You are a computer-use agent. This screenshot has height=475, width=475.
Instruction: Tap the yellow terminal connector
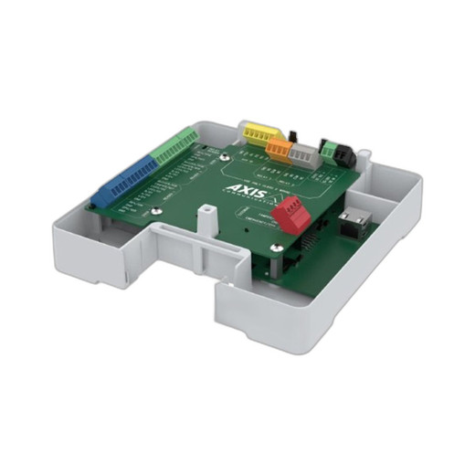coord(254,134)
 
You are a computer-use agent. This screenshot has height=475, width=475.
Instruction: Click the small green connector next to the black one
coord(327,147)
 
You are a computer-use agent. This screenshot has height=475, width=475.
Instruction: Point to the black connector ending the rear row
coord(345,154)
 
